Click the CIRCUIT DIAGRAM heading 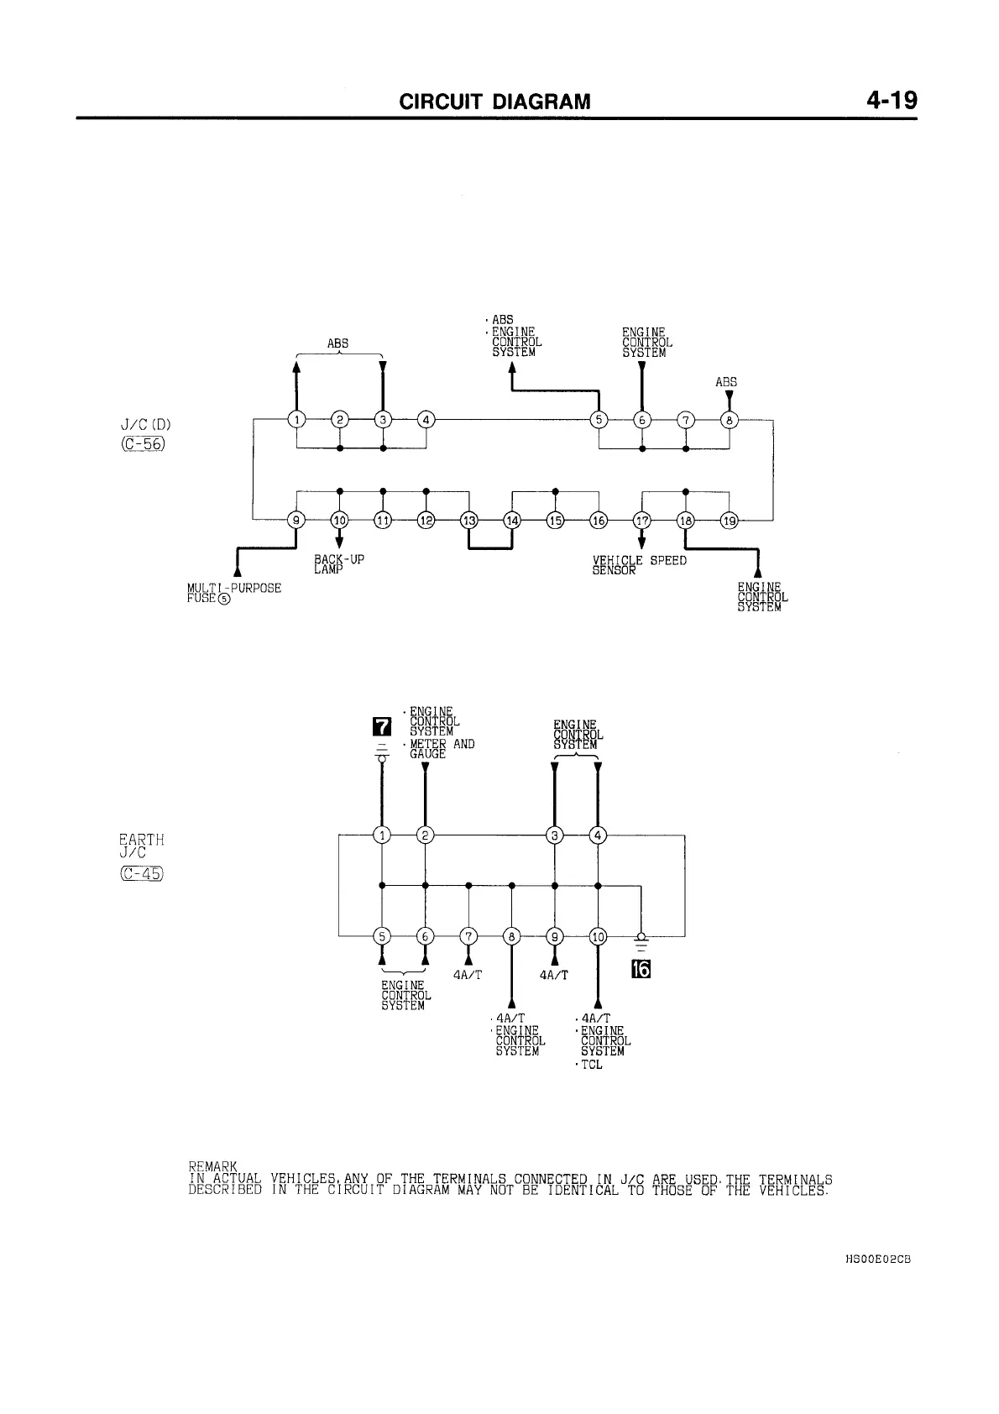tap(494, 102)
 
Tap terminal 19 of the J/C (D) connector tap(730, 521)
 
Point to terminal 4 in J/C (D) tap(426, 420)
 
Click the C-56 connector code tap(142, 444)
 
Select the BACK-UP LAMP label tap(338, 564)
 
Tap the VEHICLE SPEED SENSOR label tap(639, 565)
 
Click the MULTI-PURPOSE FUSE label tap(233, 593)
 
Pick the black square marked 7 tap(381, 724)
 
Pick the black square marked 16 tap(641, 970)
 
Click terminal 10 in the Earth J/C tap(598, 935)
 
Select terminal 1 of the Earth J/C tap(382, 835)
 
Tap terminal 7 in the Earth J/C tap(468, 935)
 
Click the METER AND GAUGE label tap(441, 749)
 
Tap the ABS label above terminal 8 tap(726, 382)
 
